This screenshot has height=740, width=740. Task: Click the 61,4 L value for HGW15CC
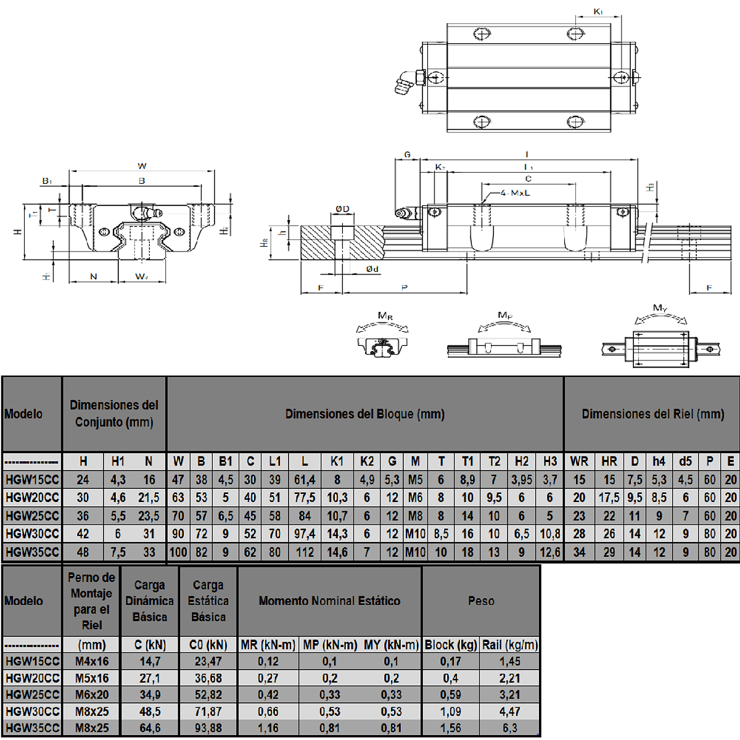[x=305, y=480]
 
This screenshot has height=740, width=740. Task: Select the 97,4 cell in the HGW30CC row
[x=305, y=534]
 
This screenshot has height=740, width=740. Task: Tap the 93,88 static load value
[x=208, y=728]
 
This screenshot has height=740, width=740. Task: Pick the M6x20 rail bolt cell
[x=92, y=695]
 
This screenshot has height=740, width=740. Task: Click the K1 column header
[x=337, y=461]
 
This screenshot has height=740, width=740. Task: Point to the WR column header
[x=579, y=461]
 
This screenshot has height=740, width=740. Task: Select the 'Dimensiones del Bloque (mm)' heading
[x=364, y=414]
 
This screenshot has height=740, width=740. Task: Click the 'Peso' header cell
[x=481, y=601]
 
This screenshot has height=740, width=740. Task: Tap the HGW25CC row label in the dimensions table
[x=32, y=516]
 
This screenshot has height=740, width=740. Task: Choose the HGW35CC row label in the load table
[x=32, y=728]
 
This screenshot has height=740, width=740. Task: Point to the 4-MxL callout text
[x=515, y=193]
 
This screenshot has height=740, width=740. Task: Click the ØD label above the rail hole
[x=342, y=208]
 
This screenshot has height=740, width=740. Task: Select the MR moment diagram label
[x=385, y=316]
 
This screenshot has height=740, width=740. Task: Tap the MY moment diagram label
[x=660, y=308]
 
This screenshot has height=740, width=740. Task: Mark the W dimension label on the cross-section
[x=142, y=166]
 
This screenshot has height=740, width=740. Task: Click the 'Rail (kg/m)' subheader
[x=510, y=645]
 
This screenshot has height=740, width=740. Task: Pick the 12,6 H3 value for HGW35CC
[x=550, y=553]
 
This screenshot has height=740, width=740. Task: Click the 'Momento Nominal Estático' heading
[x=329, y=601]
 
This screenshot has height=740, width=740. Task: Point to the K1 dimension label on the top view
[x=598, y=12]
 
